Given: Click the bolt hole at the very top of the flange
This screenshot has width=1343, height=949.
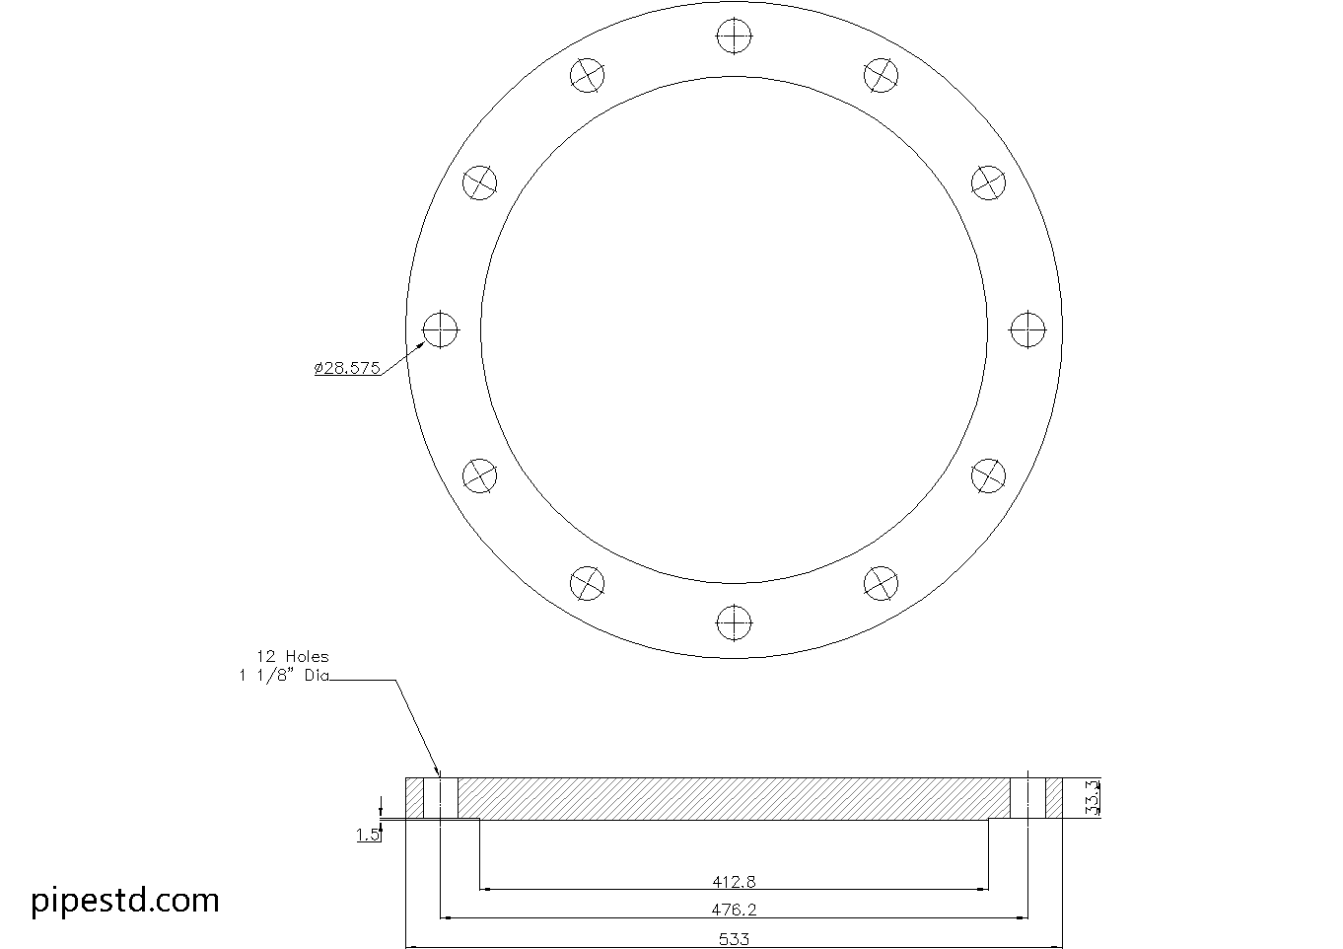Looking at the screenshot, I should (734, 36).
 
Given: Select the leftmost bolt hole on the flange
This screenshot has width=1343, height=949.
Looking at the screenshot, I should (441, 328).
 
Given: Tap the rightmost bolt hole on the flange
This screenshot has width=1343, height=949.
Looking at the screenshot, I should (1027, 328).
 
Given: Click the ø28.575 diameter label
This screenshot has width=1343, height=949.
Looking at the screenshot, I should (347, 368).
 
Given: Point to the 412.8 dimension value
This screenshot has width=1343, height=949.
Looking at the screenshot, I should (734, 881).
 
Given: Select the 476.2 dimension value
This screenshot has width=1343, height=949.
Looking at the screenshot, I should (734, 910).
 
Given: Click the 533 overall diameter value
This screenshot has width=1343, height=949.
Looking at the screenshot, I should (734, 939).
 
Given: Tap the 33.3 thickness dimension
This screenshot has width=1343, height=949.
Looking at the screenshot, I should (1091, 797).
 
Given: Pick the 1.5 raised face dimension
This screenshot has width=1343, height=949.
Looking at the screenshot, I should (367, 836).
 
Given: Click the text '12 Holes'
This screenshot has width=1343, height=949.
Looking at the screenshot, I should (293, 656).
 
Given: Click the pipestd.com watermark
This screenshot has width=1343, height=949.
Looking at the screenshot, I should (125, 900).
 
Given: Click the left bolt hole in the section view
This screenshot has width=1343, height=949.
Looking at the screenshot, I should (441, 798).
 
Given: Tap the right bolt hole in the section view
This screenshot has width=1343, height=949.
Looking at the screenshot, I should (1027, 798).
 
